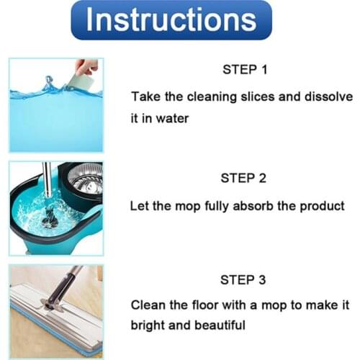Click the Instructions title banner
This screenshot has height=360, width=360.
(171, 20)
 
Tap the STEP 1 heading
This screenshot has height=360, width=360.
(245, 70)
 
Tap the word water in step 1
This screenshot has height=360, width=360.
(173, 118)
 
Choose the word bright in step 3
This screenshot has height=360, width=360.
(147, 325)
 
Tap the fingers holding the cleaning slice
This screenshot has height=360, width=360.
(86, 67)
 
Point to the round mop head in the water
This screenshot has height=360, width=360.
(49, 218)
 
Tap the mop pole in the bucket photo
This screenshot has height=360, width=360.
(47, 185)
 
